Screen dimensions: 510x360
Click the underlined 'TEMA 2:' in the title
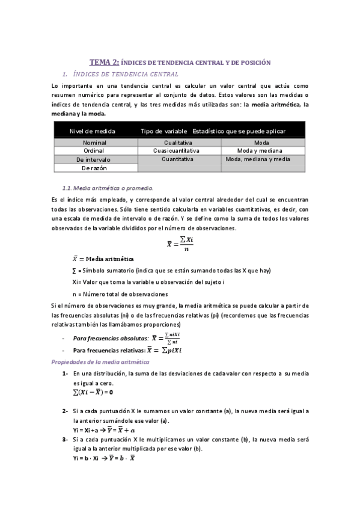[x=104, y=62]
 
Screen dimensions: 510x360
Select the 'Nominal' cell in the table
[x=95, y=142]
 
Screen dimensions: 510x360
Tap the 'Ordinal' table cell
[x=95, y=150]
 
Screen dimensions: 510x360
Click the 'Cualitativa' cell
[x=180, y=142]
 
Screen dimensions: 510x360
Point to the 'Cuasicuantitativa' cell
[x=180, y=150]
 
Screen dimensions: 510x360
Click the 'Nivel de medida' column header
[x=93, y=131]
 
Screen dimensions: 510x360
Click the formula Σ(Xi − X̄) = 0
[x=93, y=392]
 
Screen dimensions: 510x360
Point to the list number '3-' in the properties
[x=65, y=440]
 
